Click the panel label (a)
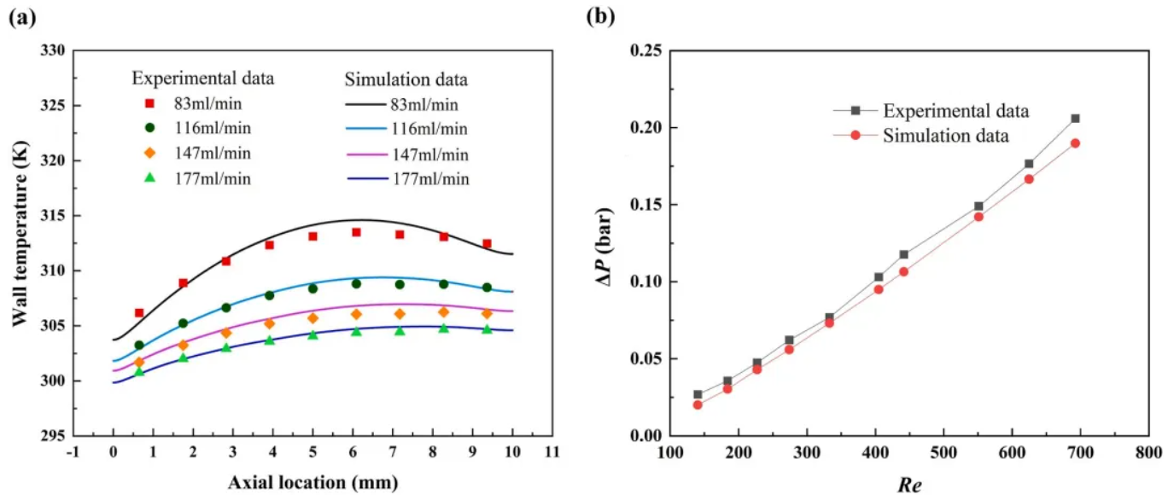click(x=22, y=18)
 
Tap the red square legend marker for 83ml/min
click(x=149, y=104)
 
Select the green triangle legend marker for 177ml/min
click(x=149, y=178)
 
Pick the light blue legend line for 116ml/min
click(x=368, y=129)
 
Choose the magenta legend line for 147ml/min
click(x=368, y=154)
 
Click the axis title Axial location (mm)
click(x=312, y=483)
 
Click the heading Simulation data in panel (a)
click(x=406, y=79)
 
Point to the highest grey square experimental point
click(x=1075, y=119)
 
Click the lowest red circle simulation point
click(x=698, y=404)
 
